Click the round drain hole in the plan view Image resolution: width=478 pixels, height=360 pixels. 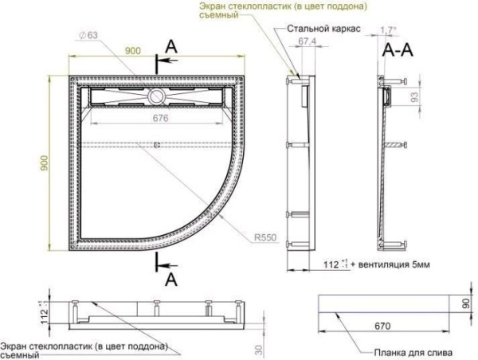(156, 96)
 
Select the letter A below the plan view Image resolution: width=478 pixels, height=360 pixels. (169, 279)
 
